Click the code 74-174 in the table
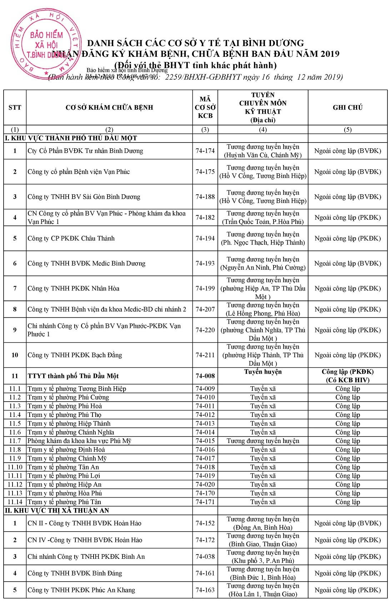tap(205, 151)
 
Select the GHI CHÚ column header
tap(347, 108)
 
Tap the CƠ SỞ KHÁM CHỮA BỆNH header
tap(109, 108)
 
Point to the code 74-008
tap(205, 376)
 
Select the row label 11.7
tap(15, 441)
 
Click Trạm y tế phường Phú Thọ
tap(64, 415)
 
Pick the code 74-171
tap(205, 502)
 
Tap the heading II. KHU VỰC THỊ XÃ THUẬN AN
tap(57, 511)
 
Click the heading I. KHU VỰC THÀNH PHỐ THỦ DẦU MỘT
tap(71, 138)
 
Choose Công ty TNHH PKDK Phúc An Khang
tap(81, 590)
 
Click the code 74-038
tap(205, 557)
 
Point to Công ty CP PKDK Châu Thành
tap(71, 238)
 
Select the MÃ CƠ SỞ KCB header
tap(205, 108)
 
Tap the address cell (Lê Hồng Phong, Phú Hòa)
tap(263, 313)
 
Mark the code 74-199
tap(205, 288)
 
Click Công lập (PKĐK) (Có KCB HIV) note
tap(347, 376)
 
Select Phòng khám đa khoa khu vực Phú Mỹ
tap(79, 441)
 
